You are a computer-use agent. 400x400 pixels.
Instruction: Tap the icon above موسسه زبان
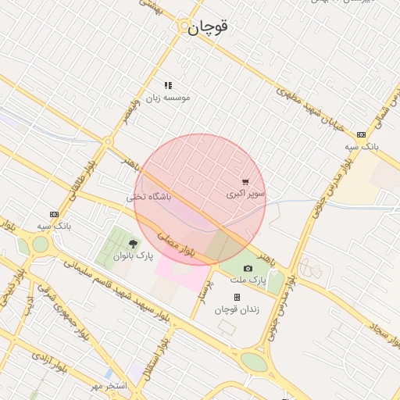pyautogui.click(x=168, y=85)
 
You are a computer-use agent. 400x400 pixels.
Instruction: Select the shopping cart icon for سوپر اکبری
pyautogui.click(x=246, y=181)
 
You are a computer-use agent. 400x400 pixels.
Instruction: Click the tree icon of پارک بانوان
pyautogui.click(x=133, y=245)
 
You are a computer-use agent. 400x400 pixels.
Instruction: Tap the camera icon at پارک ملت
pyautogui.click(x=248, y=268)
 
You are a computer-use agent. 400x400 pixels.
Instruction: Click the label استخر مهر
pyautogui.click(x=107, y=387)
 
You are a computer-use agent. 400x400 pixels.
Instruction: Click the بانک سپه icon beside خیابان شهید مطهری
pyautogui.click(x=360, y=134)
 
